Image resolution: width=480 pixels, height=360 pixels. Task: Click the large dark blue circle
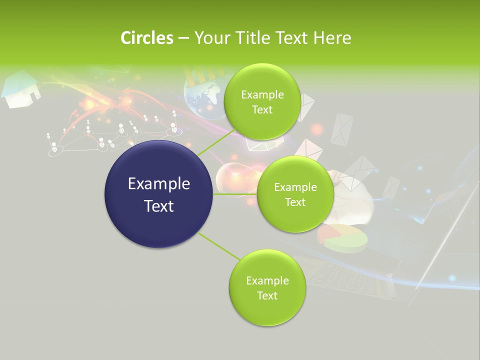[x=159, y=194]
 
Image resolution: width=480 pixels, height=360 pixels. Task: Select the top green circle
[x=262, y=101]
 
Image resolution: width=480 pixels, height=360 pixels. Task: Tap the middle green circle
[x=295, y=194]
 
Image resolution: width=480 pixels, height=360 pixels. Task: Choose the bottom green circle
[x=267, y=287]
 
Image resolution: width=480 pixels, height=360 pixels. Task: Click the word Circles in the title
[x=146, y=38]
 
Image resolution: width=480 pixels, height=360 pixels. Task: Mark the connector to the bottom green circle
[x=218, y=246]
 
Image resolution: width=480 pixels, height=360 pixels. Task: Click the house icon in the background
[x=21, y=89]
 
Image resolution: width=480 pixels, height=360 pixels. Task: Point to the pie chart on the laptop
[x=343, y=237]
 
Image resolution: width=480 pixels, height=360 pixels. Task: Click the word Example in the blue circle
[x=159, y=183]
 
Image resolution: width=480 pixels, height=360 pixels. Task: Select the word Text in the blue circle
[x=159, y=205]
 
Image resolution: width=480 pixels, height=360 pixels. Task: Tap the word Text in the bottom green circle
[x=267, y=295]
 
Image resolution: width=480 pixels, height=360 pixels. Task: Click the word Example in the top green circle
[x=262, y=94]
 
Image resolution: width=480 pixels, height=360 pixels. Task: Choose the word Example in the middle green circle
[x=295, y=187]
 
